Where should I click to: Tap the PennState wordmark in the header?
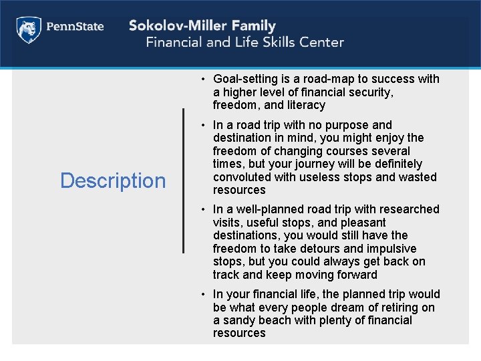coord(74,27)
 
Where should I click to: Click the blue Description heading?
coord(113,180)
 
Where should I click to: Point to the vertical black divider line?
coord(184,180)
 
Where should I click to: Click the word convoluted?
coord(242,177)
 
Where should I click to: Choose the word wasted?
coord(416,177)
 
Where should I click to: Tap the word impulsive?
coord(399,249)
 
